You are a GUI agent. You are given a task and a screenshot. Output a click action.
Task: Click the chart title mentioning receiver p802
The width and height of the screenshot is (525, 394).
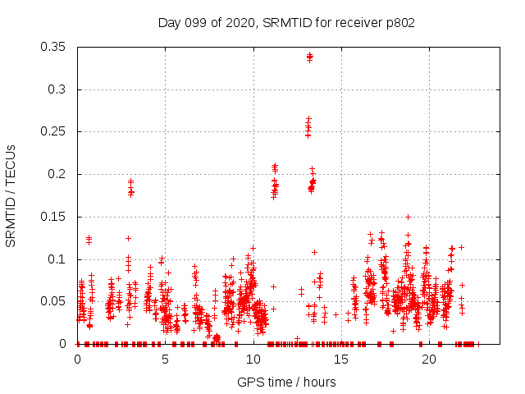pyautogui.click(x=286, y=22)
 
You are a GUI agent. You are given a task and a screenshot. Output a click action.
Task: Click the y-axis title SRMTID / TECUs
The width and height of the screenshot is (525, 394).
pyautogui.click(x=11, y=196)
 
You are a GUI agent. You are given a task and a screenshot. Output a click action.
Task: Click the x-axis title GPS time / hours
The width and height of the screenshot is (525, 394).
pyautogui.click(x=286, y=382)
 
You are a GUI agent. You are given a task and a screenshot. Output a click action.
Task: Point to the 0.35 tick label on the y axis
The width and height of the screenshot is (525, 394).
pyautogui.click(x=54, y=47)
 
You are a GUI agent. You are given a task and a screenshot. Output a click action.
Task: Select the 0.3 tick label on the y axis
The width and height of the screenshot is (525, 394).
pyautogui.click(x=57, y=89)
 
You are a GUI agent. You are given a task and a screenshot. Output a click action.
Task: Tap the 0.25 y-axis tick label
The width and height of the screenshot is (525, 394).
pyautogui.click(x=54, y=131)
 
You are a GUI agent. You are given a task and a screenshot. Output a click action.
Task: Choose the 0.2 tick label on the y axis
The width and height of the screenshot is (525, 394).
pyautogui.click(x=57, y=174)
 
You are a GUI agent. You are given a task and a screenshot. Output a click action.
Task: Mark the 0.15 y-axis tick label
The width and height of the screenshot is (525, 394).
pyautogui.click(x=54, y=217)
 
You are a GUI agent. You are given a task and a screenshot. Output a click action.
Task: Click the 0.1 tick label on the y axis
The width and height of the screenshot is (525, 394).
pyautogui.click(x=57, y=259)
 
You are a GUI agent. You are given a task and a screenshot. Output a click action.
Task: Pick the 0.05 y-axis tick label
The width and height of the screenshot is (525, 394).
pyautogui.click(x=54, y=301)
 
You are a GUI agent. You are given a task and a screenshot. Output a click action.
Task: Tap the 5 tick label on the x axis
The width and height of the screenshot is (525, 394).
pyautogui.click(x=165, y=360)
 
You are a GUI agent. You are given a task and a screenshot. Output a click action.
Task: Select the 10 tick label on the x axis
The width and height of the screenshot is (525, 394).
pyautogui.click(x=253, y=360)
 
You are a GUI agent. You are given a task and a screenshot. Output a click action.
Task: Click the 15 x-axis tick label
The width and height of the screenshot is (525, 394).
pyautogui.click(x=340, y=360)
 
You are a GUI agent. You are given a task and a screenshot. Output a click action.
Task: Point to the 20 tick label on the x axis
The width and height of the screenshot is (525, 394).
pyautogui.click(x=428, y=360)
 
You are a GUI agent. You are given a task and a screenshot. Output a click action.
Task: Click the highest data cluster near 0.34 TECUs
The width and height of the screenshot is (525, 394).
pyautogui.click(x=309, y=57)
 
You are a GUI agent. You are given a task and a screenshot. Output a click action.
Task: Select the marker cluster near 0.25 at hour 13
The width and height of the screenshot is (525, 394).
pyautogui.click(x=308, y=127)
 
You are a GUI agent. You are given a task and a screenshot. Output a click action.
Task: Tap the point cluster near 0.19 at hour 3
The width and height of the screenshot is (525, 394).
pyautogui.click(x=130, y=188)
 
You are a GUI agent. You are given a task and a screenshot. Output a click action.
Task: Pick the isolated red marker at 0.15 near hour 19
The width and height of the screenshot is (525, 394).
pyautogui.click(x=408, y=218)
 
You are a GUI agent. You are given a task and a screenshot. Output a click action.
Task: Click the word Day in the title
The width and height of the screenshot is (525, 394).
pyautogui.click(x=169, y=22)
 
